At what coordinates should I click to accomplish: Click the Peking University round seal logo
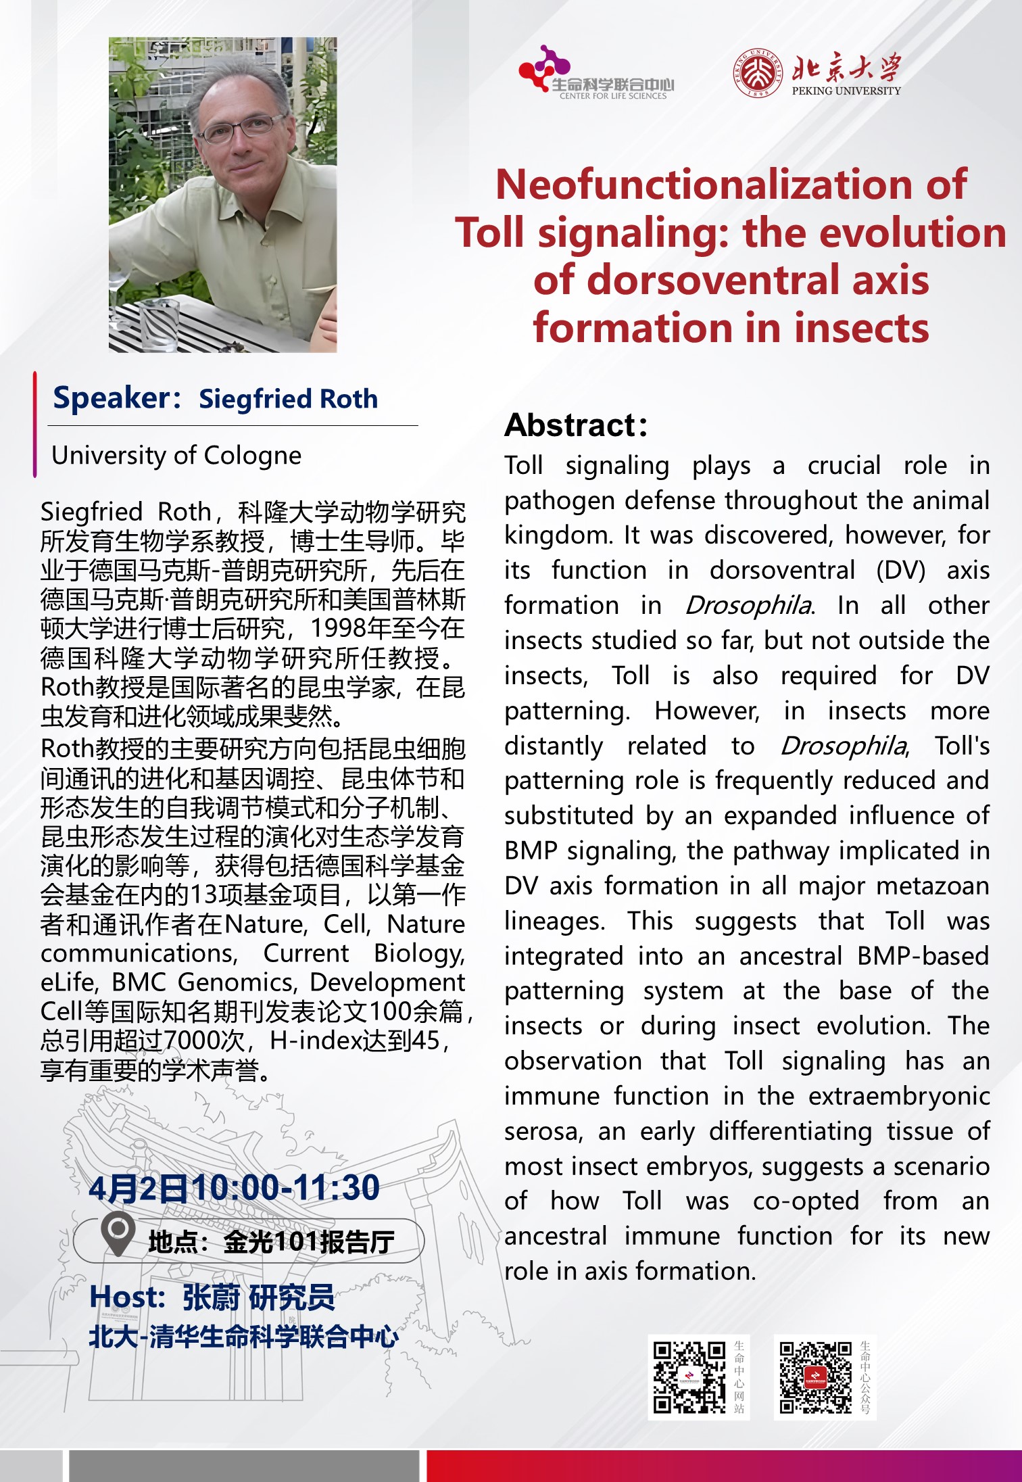click(x=758, y=72)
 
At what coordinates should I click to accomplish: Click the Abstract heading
click(x=576, y=425)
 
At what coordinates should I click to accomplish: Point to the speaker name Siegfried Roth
click(x=288, y=399)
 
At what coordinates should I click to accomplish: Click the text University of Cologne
click(x=176, y=456)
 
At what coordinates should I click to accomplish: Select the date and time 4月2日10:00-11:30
click(x=234, y=1188)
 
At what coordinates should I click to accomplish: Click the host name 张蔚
click(x=211, y=1297)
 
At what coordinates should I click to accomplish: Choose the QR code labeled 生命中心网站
click(x=689, y=1377)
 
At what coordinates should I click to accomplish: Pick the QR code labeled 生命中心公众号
click(x=815, y=1377)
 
